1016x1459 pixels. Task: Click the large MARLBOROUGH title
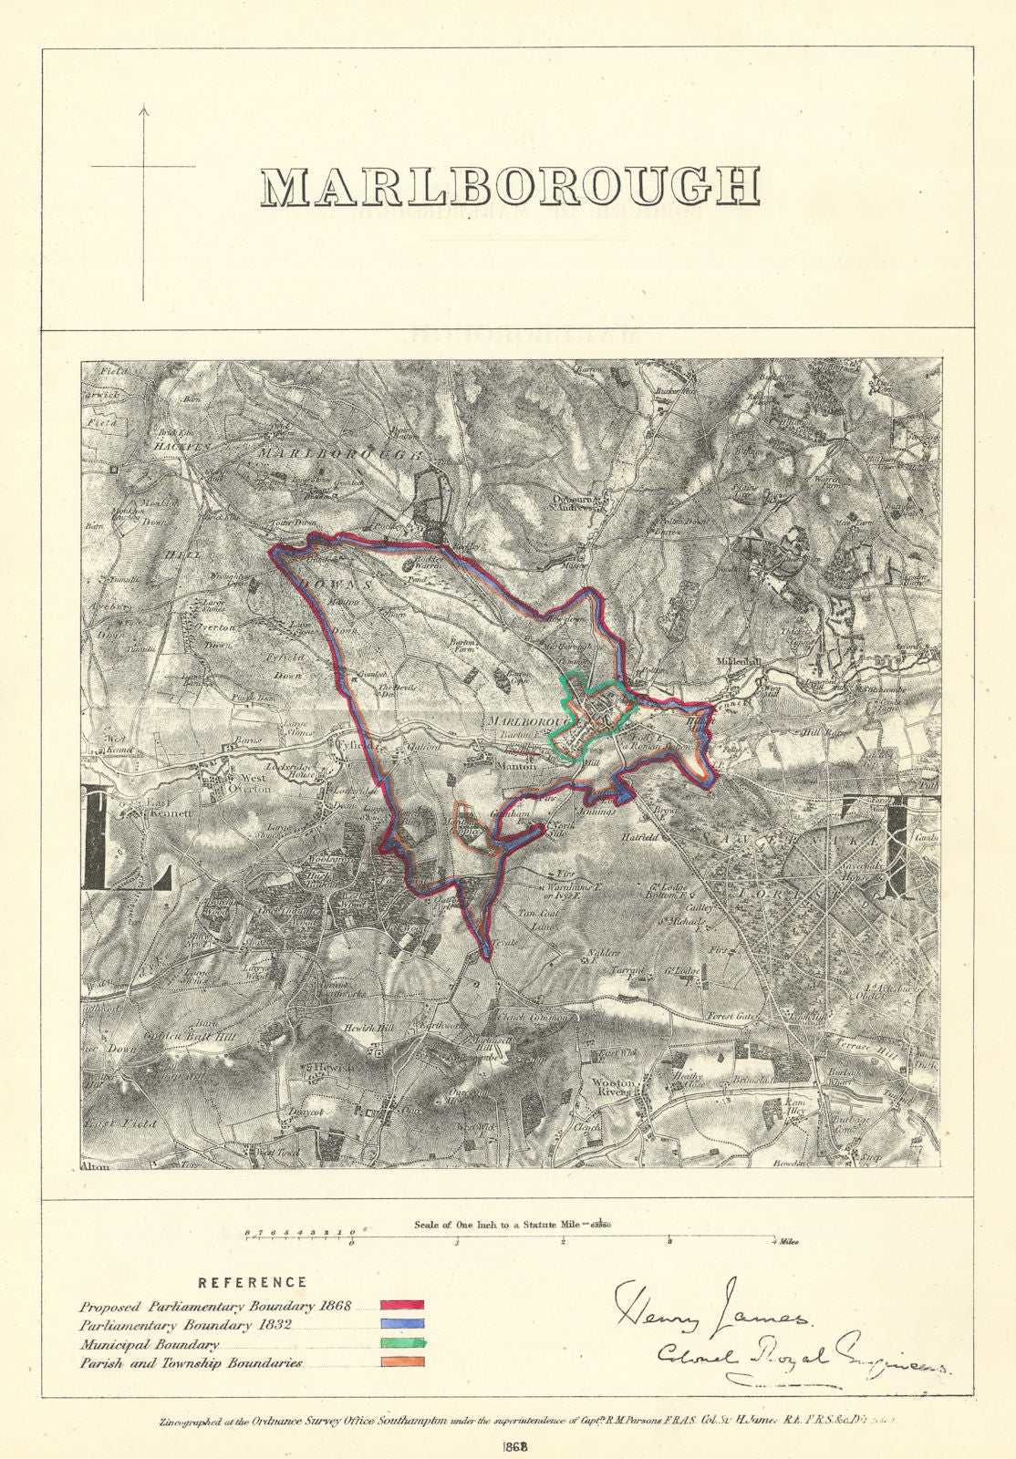coord(510,186)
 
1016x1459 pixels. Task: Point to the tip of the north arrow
coord(143,107)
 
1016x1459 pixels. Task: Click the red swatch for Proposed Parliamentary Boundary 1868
coord(402,1306)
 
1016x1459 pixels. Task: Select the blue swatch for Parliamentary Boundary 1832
coord(402,1324)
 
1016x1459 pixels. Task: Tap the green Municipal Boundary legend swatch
coord(402,1343)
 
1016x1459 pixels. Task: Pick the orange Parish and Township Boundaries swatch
coord(402,1362)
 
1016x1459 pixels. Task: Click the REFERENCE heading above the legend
coord(253,1283)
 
